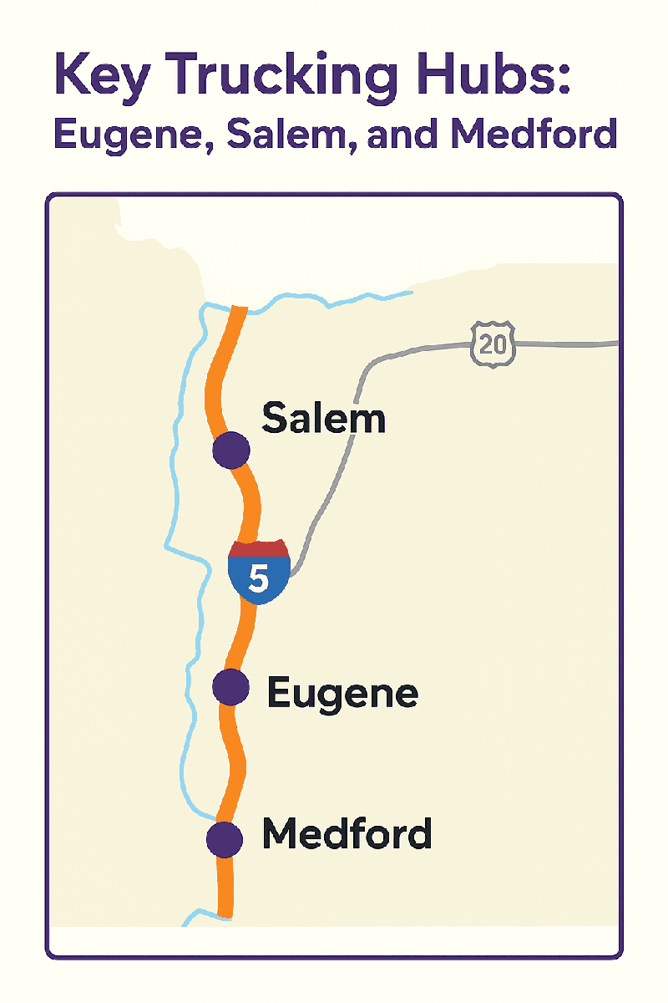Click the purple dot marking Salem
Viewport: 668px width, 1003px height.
click(231, 450)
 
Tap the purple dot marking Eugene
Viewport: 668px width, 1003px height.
click(231, 687)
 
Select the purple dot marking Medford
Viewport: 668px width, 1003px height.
click(224, 838)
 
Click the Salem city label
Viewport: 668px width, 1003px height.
click(324, 417)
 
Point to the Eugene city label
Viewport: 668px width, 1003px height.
click(342, 693)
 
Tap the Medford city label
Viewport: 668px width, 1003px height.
click(347, 833)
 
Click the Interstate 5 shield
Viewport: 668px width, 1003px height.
click(259, 572)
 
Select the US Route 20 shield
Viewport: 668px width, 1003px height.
click(493, 344)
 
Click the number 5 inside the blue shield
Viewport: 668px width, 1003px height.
click(259, 578)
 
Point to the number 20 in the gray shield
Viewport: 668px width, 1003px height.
click(493, 344)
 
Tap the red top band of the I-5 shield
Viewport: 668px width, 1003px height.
click(259, 549)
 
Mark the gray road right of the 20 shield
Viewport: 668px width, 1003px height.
click(568, 344)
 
